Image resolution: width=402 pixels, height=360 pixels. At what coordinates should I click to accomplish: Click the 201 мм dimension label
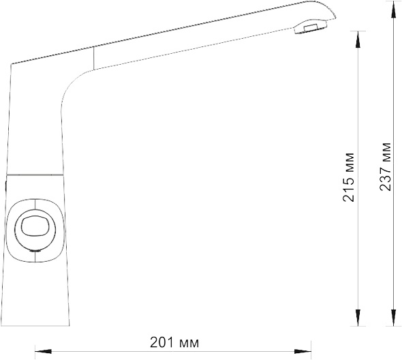(174, 342)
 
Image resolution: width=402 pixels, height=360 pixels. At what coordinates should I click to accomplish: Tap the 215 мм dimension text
(348, 177)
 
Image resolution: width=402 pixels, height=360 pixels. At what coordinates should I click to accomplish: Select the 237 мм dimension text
(385, 166)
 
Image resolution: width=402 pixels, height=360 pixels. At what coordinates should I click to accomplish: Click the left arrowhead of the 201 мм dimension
(43, 351)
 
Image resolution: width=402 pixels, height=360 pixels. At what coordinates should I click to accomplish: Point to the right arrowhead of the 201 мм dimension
(303, 351)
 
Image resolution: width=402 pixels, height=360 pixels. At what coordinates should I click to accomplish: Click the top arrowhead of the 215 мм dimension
(358, 40)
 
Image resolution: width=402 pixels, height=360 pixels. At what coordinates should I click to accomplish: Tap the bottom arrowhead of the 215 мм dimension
(358, 318)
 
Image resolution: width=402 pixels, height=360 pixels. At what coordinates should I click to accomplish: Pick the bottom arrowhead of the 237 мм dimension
(394, 318)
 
